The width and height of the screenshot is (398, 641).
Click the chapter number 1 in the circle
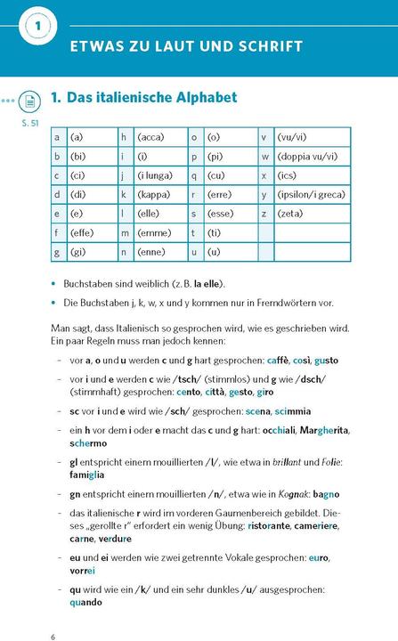(x=37, y=26)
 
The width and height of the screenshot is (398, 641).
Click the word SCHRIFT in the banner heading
(x=263, y=46)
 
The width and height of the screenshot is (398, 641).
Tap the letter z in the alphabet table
(x=264, y=214)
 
